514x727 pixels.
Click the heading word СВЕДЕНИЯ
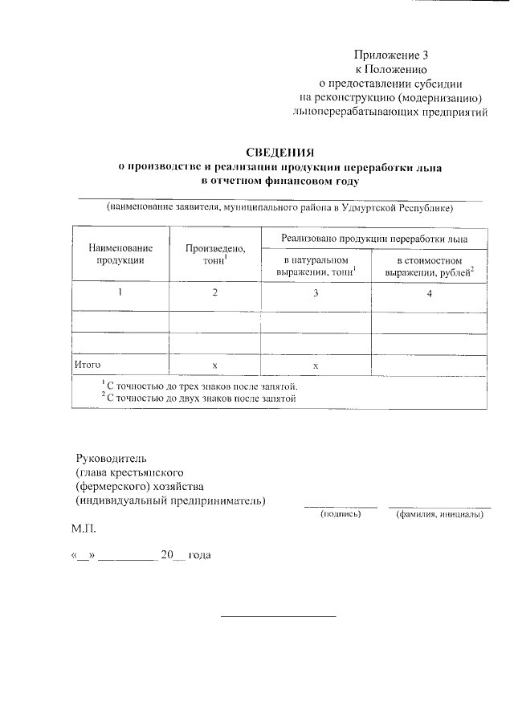[279, 153]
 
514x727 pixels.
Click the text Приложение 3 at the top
[392, 55]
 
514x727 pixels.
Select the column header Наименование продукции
[120, 254]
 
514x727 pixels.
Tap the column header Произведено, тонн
[214, 254]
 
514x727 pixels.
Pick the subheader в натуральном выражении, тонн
[316, 268]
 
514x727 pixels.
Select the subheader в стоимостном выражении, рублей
[429, 268]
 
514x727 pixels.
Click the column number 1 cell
[120, 293]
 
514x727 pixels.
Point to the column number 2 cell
[214, 293]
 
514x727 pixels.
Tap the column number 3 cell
[316, 293]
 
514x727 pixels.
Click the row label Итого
[88, 365]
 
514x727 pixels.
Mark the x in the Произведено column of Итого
[214, 366]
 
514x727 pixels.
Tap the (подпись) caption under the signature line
[341, 513]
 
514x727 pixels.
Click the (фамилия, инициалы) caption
[439, 513]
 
